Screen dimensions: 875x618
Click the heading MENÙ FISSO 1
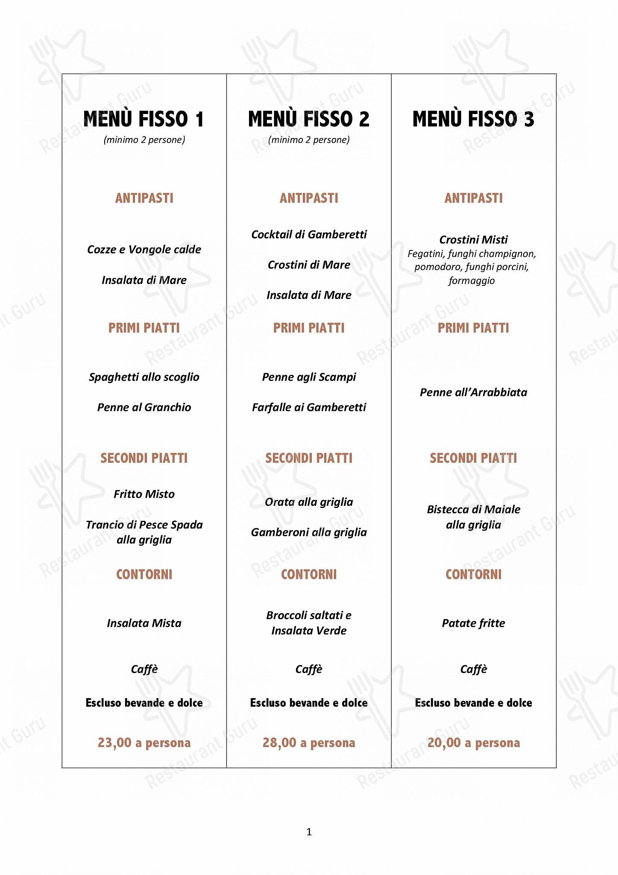point(144,119)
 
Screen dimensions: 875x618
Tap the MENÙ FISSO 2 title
point(309,119)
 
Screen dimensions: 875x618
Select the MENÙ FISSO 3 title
point(473,119)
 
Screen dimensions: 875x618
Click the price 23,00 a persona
point(144,743)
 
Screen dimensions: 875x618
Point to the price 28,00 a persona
point(309,743)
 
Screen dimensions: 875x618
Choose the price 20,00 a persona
point(473,743)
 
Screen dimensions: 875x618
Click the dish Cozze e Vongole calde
point(144,250)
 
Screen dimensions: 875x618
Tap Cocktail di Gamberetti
point(309,235)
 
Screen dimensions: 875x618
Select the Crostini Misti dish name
point(473,240)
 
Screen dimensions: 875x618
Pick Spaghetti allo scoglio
point(144,377)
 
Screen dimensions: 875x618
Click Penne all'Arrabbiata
point(473,392)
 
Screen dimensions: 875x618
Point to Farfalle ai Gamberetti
point(309,408)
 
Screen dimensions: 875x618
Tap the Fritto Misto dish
point(144,494)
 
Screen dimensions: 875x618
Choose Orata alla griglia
point(309,502)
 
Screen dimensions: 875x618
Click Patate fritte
point(473,623)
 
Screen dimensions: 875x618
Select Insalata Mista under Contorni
point(144,623)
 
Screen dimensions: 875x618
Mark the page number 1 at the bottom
point(309,832)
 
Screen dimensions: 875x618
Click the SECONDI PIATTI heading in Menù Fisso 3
point(473,458)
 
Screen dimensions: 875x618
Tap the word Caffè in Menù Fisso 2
point(309,669)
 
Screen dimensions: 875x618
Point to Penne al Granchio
point(144,408)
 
